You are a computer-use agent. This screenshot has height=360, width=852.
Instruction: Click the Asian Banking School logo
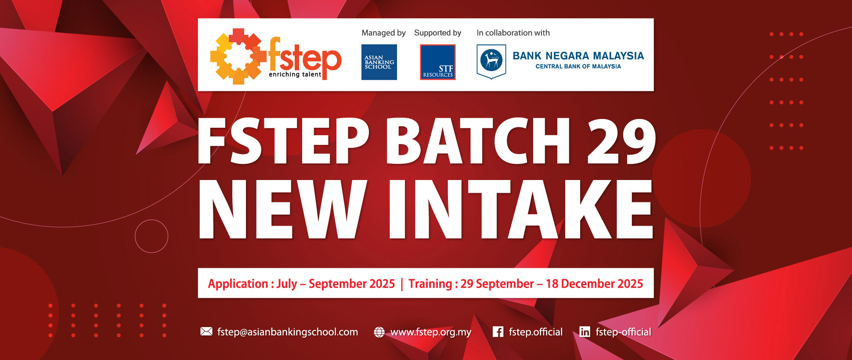click(x=379, y=62)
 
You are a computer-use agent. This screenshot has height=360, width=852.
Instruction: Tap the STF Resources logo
click(x=437, y=62)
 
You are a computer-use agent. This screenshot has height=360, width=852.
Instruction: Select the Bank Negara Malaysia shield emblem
click(x=491, y=61)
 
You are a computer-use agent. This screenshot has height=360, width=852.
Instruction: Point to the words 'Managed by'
click(x=383, y=33)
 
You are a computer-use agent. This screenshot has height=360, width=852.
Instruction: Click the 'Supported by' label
click(x=437, y=33)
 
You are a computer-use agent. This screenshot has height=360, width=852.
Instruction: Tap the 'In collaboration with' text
click(x=513, y=33)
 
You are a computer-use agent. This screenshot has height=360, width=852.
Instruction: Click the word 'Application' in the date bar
click(x=238, y=284)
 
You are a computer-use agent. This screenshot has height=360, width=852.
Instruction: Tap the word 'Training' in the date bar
click(x=430, y=284)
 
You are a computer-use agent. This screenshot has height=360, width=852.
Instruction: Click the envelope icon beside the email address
click(x=206, y=331)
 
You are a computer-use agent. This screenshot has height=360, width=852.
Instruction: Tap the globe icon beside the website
click(x=379, y=332)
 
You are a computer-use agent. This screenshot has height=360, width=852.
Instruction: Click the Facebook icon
click(x=498, y=331)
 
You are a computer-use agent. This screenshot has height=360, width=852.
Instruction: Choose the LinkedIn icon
click(x=585, y=331)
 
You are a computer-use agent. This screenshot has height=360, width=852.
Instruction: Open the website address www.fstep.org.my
click(x=430, y=332)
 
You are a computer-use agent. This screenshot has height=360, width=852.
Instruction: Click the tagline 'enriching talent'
click(x=295, y=75)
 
